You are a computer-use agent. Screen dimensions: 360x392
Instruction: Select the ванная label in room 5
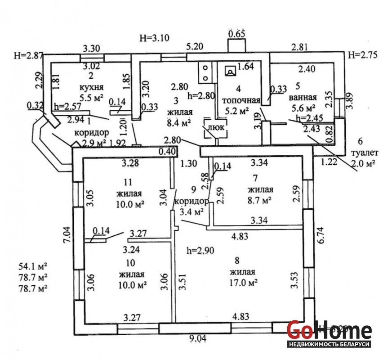(304, 97)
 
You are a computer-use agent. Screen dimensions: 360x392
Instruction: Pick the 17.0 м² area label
(243, 283)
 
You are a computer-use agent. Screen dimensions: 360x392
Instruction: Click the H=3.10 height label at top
(154, 38)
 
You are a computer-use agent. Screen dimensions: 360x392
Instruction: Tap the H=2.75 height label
(363, 55)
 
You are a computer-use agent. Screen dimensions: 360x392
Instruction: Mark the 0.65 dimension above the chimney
(237, 34)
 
